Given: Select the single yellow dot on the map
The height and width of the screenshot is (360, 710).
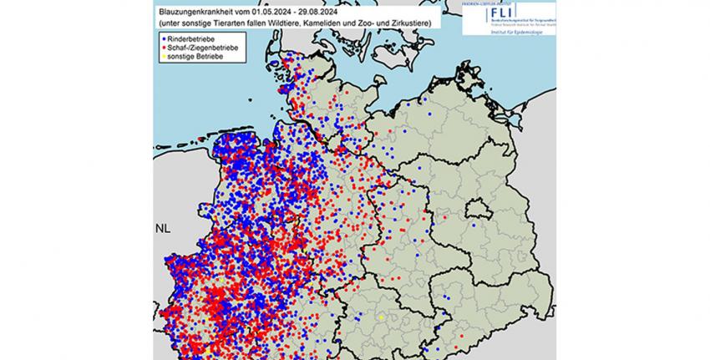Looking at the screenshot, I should coord(380,317).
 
